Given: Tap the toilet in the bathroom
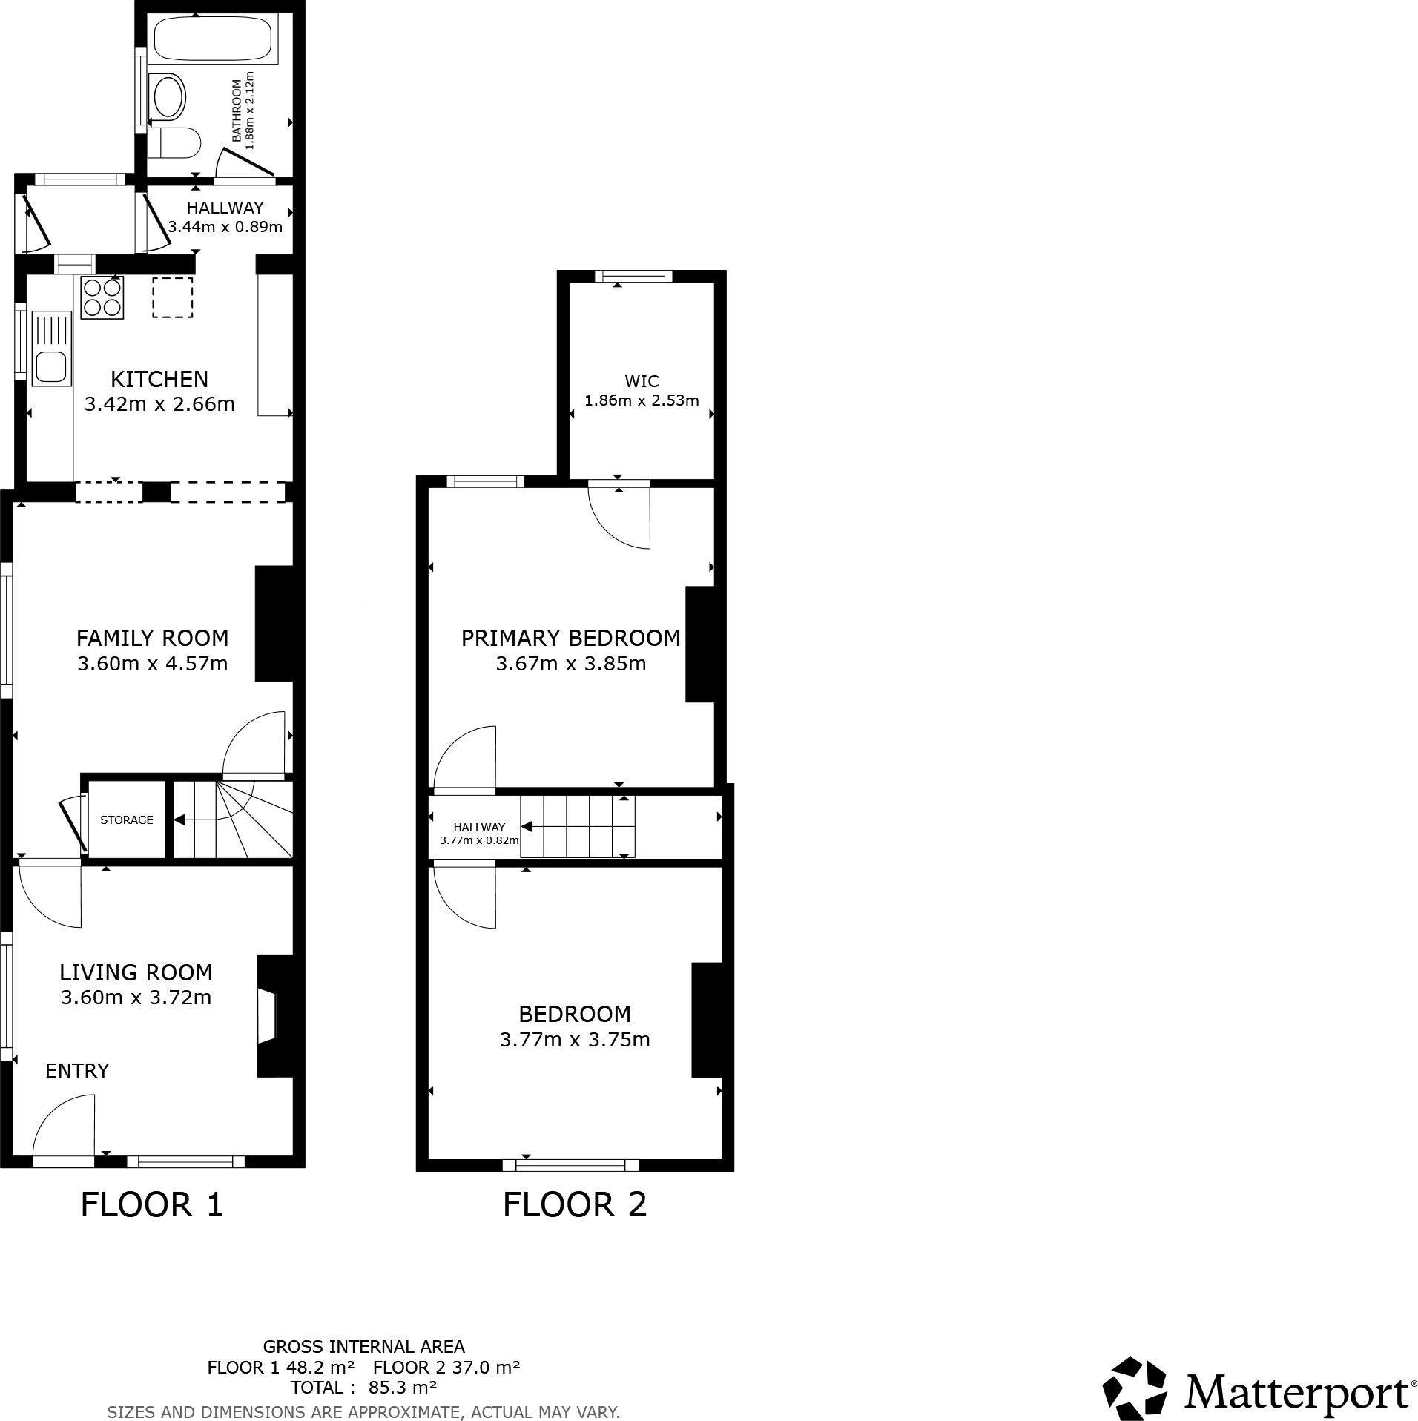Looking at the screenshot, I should click(175, 142).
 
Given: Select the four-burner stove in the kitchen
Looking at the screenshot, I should click(102, 297).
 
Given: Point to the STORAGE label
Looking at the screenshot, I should click(126, 820).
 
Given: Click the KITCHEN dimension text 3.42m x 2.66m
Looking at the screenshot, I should click(159, 404).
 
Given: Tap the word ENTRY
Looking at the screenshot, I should click(77, 1071).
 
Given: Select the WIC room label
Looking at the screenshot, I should click(642, 381).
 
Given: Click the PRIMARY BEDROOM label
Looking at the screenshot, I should click(570, 638).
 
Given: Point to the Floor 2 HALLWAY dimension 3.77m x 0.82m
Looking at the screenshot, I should click(479, 840).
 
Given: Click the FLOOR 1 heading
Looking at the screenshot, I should click(152, 1204).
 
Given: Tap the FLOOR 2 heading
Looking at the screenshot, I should click(575, 1204).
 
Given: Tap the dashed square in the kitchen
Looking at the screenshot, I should click(173, 297).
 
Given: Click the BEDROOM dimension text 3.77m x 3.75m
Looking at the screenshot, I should click(575, 1040).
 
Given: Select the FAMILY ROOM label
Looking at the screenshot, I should click(152, 638).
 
